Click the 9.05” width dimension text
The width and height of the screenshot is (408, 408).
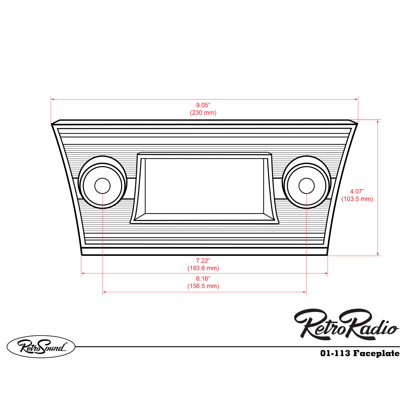[x=203, y=105]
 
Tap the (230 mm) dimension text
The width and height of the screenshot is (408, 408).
[x=203, y=113]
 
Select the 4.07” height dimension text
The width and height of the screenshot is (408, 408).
[x=357, y=192]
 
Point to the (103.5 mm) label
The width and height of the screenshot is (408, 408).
[x=357, y=199]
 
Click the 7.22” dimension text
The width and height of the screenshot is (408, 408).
[x=203, y=261]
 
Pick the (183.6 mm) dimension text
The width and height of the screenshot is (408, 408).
[x=203, y=268]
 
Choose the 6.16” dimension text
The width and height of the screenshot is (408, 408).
[x=203, y=279]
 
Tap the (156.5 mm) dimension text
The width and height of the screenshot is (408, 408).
[x=203, y=286]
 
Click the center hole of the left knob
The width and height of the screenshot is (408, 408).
[x=102, y=186]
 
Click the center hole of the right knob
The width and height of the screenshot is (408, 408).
[x=306, y=186]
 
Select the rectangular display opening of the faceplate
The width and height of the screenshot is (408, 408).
[x=204, y=186]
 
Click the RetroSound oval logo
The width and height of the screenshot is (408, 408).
[x=41, y=346]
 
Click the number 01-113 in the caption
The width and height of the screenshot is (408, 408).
[x=335, y=353]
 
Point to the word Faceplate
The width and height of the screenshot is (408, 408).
[x=376, y=353]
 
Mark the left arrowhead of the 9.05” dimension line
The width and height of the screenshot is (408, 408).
[x=53, y=99]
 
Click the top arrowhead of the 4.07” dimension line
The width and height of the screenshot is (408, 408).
[x=378, y=121]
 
